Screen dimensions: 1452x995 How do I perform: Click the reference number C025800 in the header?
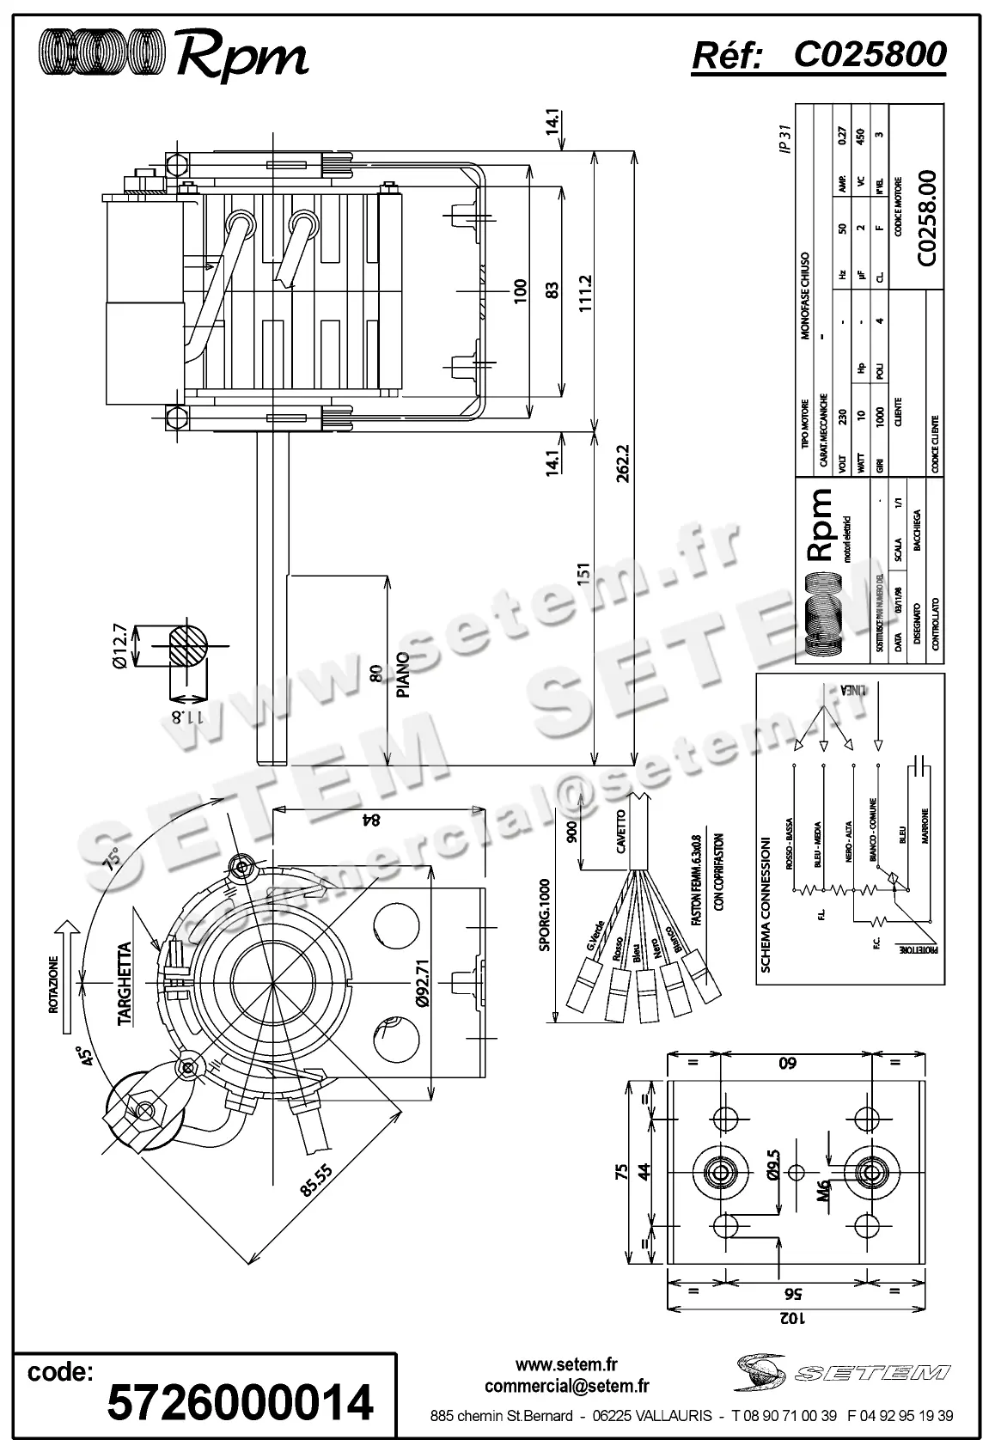(x=869, y=54)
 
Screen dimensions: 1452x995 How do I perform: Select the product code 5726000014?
(x=240, y=1403)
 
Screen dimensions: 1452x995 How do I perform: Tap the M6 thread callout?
(x=823, y=1189)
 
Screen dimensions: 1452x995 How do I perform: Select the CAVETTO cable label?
(x=621, y=831)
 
